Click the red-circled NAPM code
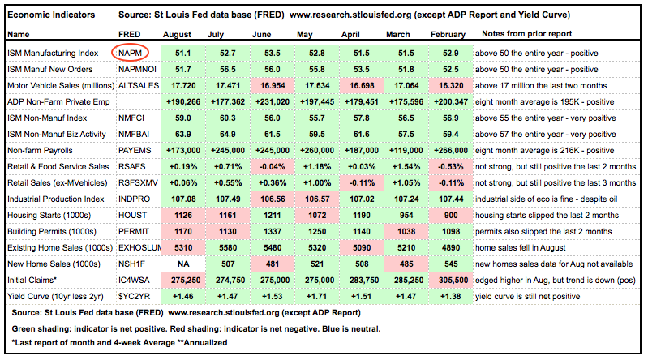(x=131, y=51)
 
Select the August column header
(x=178, y=35)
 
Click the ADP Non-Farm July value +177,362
(x=222, y=101)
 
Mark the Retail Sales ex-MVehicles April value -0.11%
(x=356, y=183)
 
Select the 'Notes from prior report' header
(x=527, y=35)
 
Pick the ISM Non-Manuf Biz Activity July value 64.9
(x=222, y=134)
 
